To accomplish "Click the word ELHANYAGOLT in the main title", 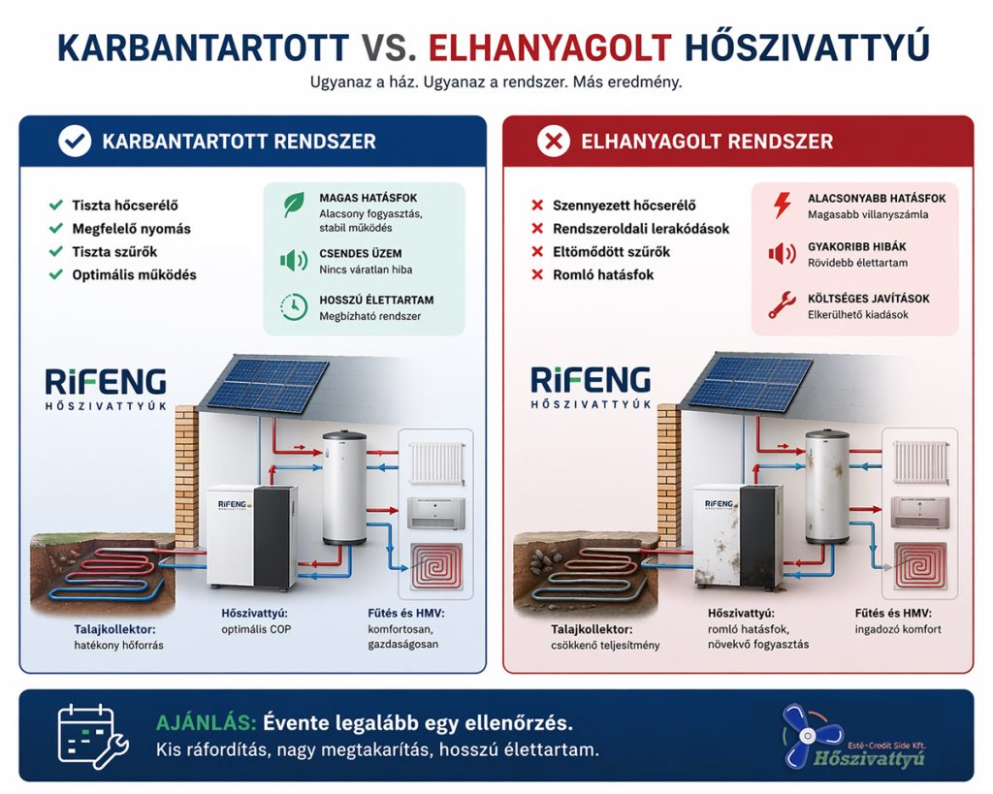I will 550,46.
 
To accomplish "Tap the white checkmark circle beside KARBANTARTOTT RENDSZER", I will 75,142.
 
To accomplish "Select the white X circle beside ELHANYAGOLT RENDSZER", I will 554,142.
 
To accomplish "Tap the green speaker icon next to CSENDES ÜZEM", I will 292,260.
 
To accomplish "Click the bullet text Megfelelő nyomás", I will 131,229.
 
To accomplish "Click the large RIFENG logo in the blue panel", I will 106,381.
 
